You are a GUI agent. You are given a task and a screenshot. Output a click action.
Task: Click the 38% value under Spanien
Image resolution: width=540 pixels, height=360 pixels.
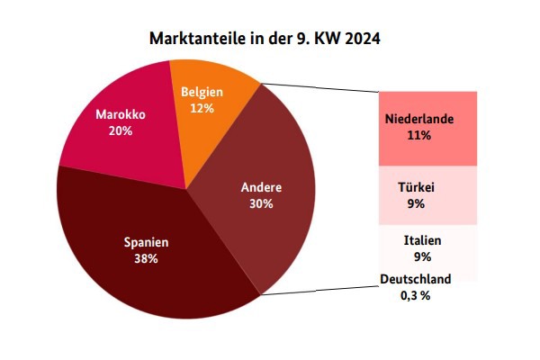coord(146,259)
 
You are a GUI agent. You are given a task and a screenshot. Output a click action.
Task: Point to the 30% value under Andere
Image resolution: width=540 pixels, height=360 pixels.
coord(262,203)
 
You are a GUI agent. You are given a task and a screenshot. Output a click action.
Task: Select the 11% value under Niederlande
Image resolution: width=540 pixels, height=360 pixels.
coord(418,136)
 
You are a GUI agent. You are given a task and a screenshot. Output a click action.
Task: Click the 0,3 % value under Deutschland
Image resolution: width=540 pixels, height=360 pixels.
coord(415,295)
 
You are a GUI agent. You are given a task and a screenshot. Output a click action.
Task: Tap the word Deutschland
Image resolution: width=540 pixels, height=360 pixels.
coord(415,279)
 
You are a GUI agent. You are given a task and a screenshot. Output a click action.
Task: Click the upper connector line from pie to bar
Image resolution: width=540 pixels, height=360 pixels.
coord(319,88)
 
